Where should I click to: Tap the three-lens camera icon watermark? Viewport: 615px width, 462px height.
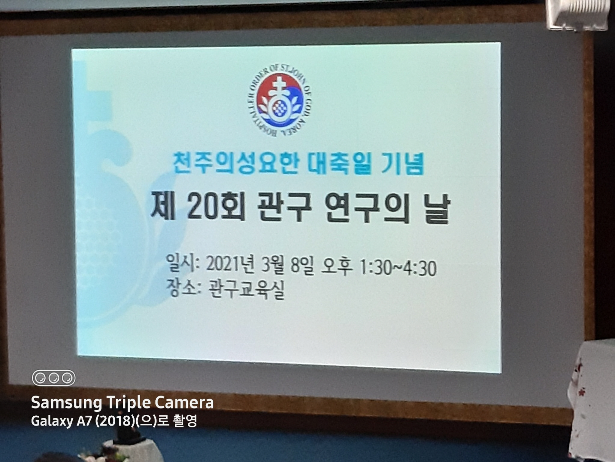[x=54, y=378]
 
